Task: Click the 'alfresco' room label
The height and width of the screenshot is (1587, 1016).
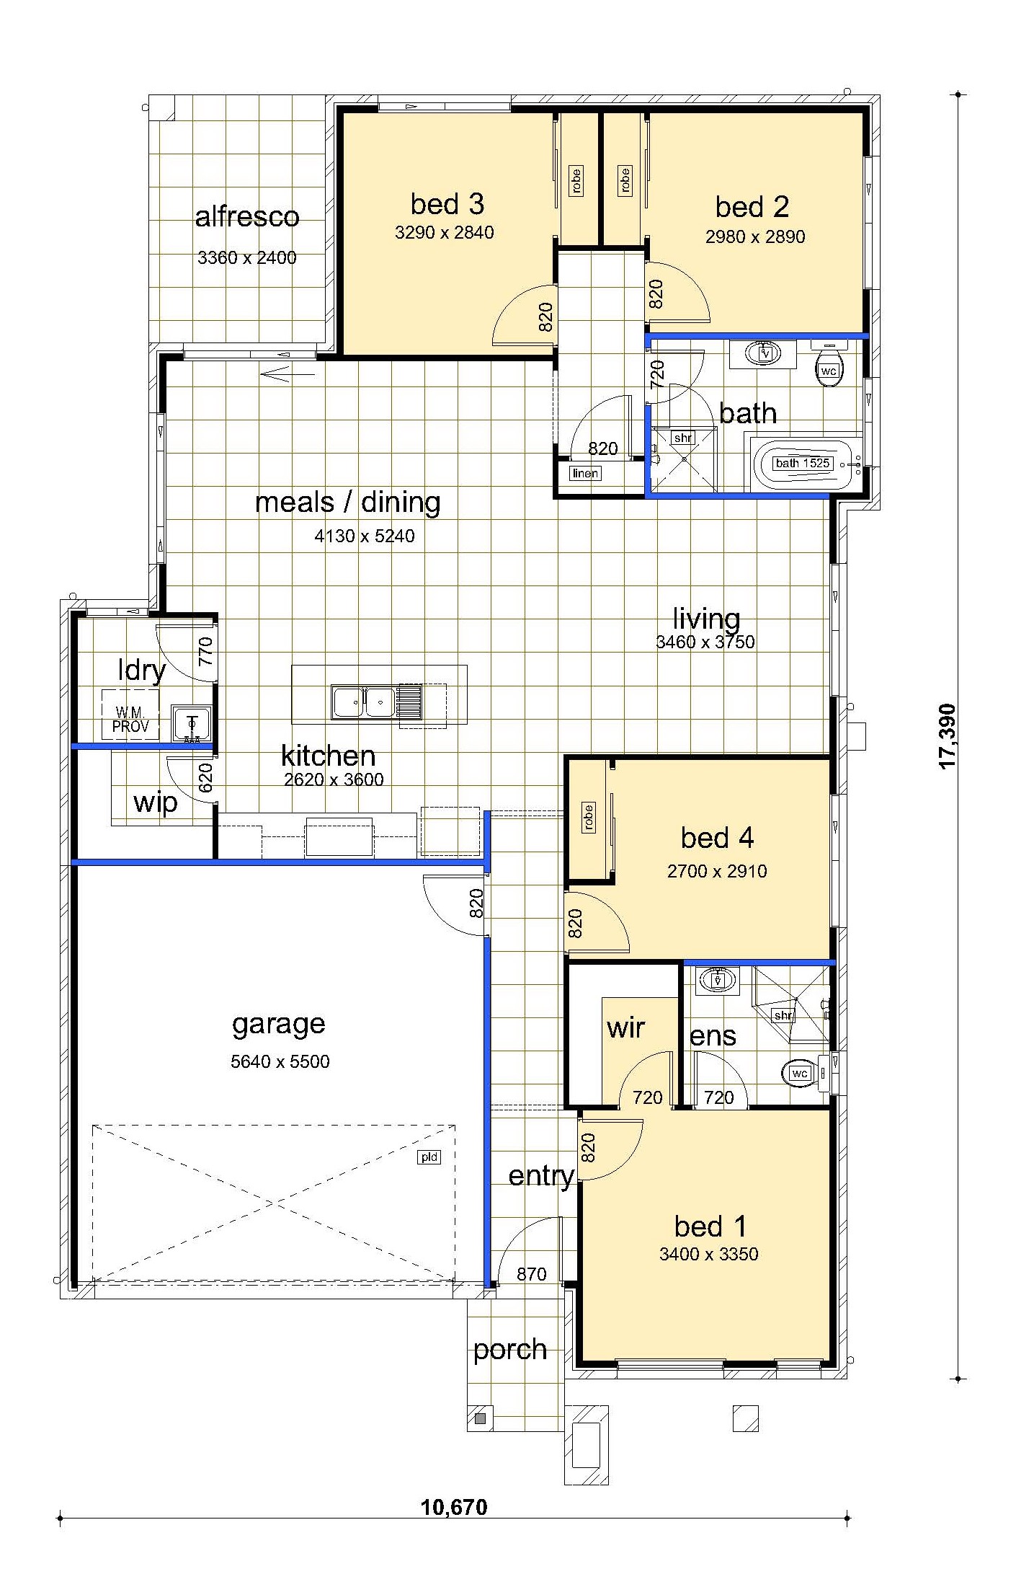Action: click(x=247, y=217)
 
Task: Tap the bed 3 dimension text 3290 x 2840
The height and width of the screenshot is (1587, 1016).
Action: click(x=445, y=232)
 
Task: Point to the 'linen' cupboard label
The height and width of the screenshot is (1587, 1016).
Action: click(x=585, y=474)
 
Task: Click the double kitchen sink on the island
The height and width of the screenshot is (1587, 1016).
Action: click(x=363, y=702)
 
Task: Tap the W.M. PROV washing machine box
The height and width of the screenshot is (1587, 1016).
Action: click(x=130, y=715)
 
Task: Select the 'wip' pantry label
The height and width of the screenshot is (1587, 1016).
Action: click(x=156, y=803)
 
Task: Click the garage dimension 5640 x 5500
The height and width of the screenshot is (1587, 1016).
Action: click(x=280, y=1061)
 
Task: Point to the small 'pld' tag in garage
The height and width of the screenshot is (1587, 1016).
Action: click(x=429, y=1157)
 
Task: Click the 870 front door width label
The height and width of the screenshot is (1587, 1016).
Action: click(x=532, y=1274)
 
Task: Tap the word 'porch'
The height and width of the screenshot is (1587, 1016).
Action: click(x=510, y=1350)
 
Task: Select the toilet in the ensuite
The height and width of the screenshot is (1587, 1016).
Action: click(x=803, y=1073)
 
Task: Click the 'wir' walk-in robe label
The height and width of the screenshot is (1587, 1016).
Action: click(x=625, y=1027)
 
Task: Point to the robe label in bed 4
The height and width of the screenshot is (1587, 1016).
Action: click(x=589, y=818)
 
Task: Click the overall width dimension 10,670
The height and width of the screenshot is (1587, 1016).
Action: click(x=454, y=1506)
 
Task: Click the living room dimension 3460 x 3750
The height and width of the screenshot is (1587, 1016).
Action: click(x=705, y=642)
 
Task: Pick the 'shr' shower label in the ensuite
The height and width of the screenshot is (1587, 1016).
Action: click(x=783, y=1015)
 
